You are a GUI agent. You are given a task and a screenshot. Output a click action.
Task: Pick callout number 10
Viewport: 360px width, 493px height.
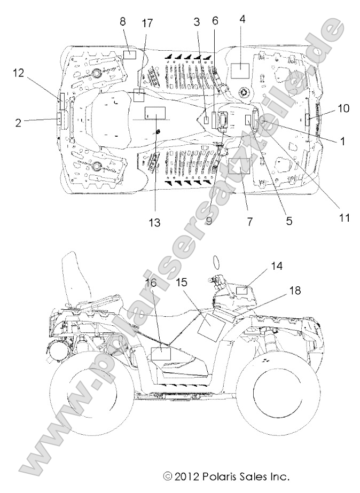(343, 108)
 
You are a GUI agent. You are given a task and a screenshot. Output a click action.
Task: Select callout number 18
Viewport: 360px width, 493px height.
(294, 291)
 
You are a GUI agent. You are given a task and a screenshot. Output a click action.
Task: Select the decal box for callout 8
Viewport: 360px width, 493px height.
(130, 54)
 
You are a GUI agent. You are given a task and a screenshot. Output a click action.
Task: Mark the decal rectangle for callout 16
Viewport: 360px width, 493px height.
(160, 353)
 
